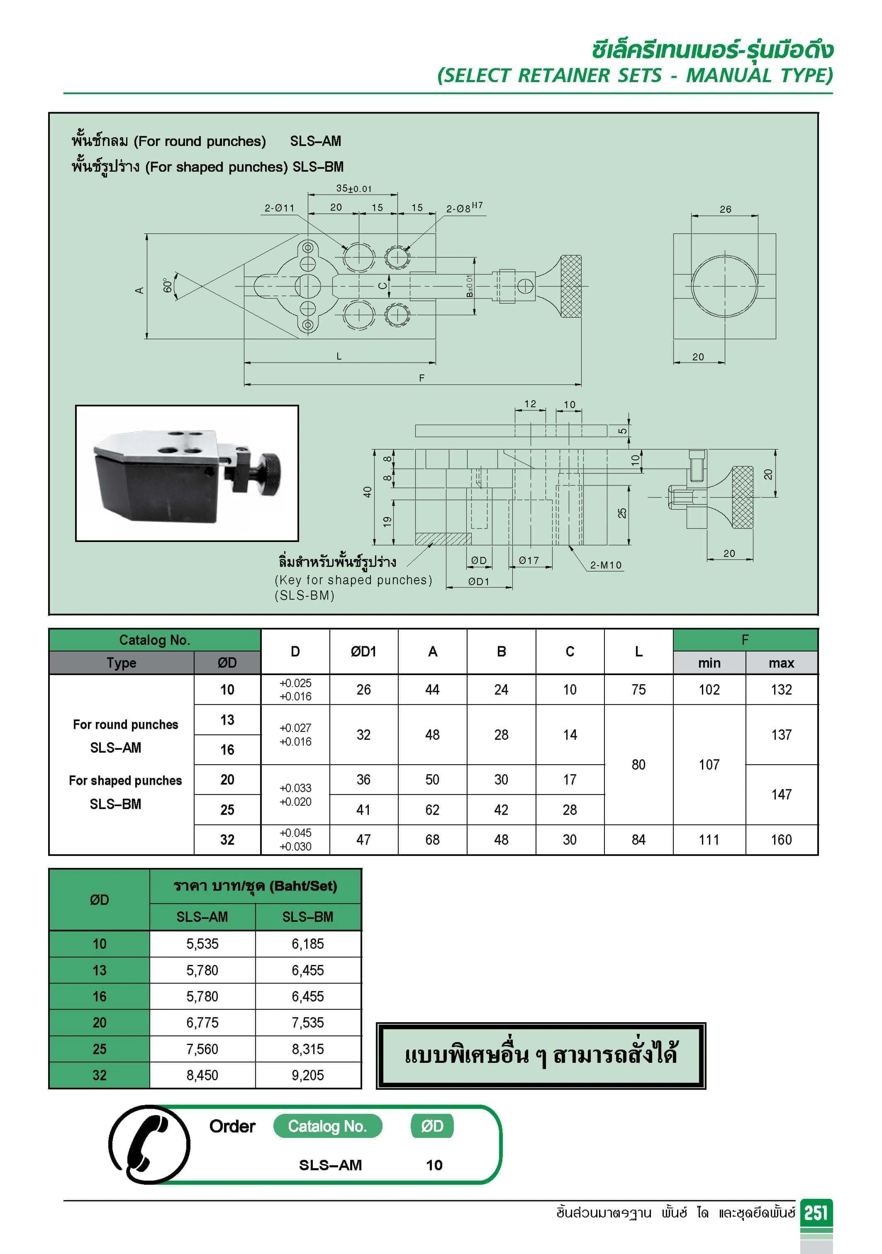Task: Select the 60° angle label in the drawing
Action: [x=168, y=286]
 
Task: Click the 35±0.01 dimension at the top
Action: [x=353, y=188]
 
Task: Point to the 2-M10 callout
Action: [x=605, y=565]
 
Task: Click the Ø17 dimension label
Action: [x=529, y=560]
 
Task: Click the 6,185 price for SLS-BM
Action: [x=308, y=944]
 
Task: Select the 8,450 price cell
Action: [x=202, y=1075]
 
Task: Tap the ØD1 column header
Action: [x=363, y=651]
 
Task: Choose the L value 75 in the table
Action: [x=638, y=689]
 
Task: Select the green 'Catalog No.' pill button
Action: [x=327, y=1126]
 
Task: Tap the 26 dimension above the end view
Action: [x=725, y=209]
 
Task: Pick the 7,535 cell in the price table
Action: [x=308, y=1023]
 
